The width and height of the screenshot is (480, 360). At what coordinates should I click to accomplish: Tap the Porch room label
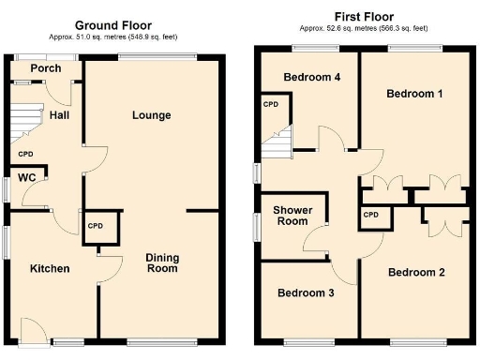pyautogui.click(x=45, y=68)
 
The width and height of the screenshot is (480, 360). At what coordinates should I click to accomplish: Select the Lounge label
pyautogui.click(x=152, y=115)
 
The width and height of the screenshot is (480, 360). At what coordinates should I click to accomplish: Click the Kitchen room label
pyautogui.click(x=50, y=269)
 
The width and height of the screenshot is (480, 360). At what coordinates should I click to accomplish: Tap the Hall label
pyautogui.click(x=61, y=114)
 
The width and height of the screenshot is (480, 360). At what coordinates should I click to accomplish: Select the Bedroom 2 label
pyautogui.click(x=416, y=273)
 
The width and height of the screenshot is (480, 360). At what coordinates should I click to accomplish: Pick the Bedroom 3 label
pyautogui.click(x=306, y=292)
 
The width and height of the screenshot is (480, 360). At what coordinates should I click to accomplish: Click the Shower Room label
pyautogui.click(x=292, y=216)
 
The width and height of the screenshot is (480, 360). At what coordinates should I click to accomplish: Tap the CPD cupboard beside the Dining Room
pyautogui.click(x=96, y=227)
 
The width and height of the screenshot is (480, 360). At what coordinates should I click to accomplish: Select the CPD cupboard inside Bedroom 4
pyautogui.click(x=272, y=105)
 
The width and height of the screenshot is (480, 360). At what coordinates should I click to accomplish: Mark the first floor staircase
pyautogui.click(x=278, y=145)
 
